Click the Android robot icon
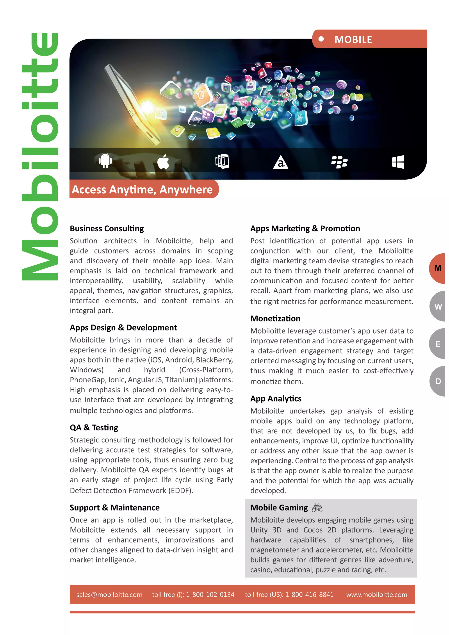(105, 161)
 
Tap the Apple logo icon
(163, 162)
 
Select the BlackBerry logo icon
(339, 162)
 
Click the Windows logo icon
(398, 162)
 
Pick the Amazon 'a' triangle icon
(281, 162)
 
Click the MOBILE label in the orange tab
(353, 39)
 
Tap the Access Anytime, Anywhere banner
(142, 189)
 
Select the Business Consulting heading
(107, 228)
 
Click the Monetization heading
(275, 319)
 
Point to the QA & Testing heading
(94, 428)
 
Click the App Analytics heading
(276, 399)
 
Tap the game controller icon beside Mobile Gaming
(317, 508)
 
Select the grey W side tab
(438, 307)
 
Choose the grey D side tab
(438, 381)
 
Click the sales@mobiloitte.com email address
(109, 595)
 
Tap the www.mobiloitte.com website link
(377, 595)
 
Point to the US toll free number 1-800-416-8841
(309, 595)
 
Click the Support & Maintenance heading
(114, 508)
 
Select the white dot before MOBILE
(321, 39)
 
